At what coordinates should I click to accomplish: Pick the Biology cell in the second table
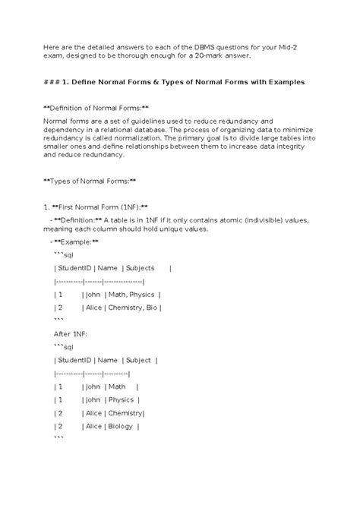(119, 426)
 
